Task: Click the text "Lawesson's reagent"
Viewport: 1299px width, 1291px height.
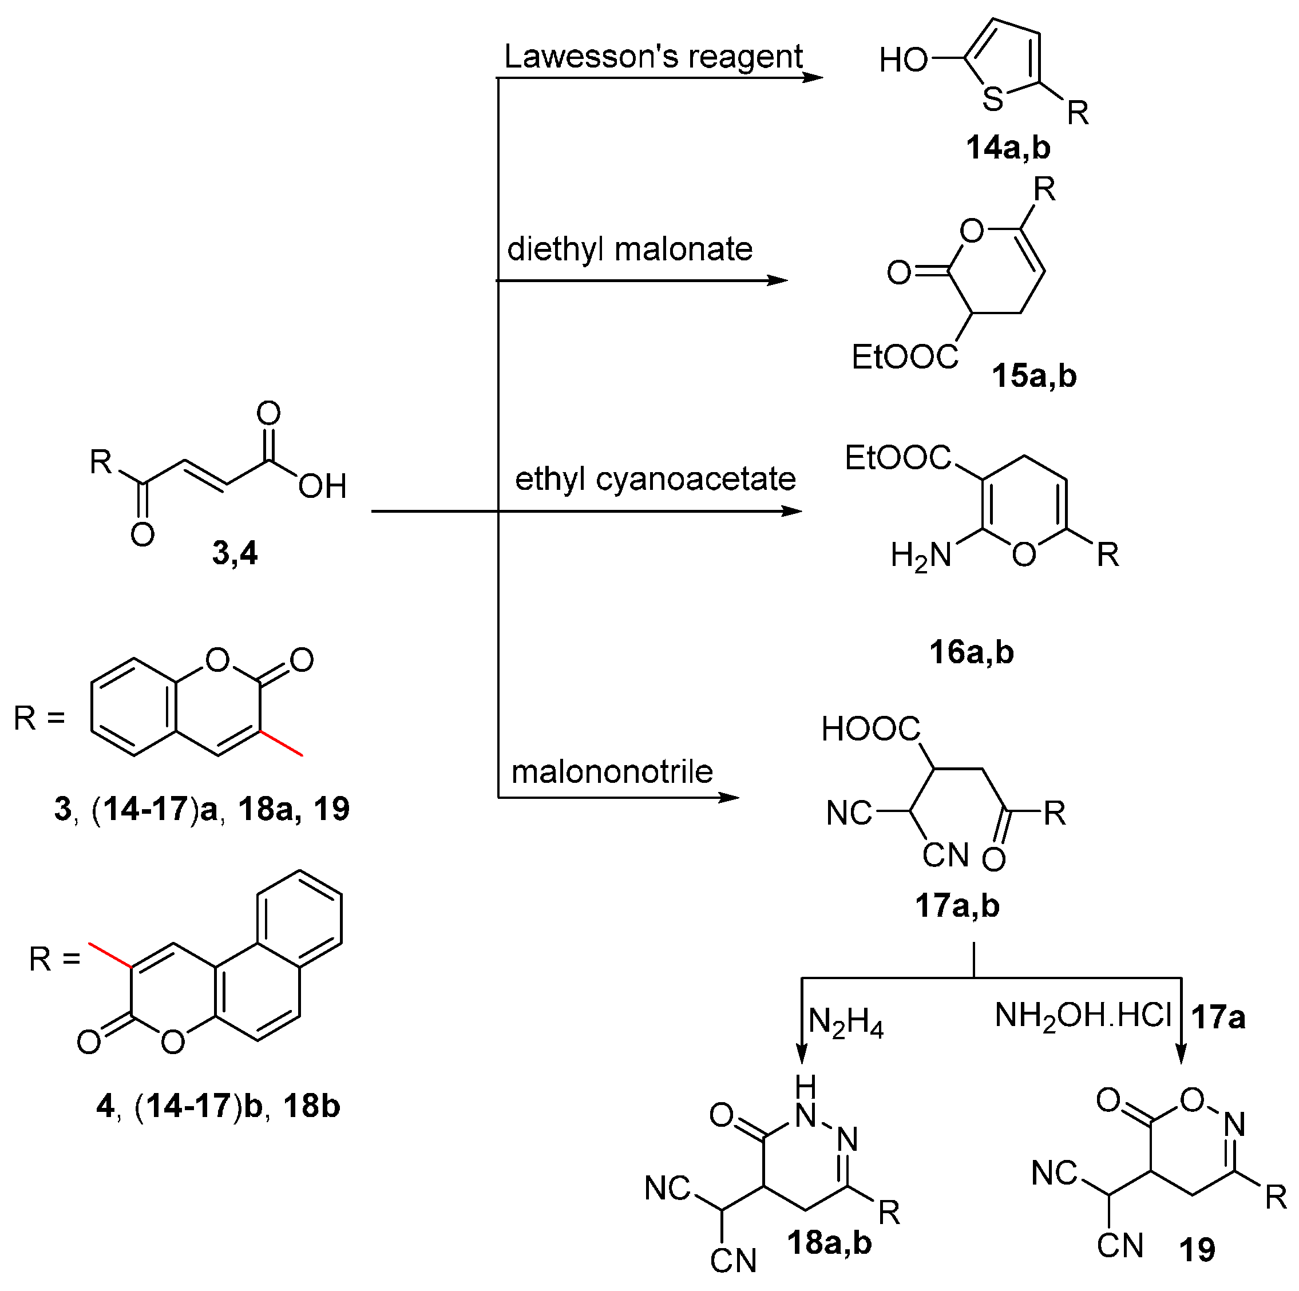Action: (653, 57)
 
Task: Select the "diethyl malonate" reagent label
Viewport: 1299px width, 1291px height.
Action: (629, 250)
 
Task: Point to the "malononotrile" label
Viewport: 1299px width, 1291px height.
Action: (612, 772)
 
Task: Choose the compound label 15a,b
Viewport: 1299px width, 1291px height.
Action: (1033, 376)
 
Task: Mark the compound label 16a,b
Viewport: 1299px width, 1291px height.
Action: (971, 652)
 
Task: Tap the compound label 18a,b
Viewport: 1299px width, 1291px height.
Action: (829, 1242)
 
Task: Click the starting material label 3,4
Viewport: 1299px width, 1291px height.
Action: (235, 553)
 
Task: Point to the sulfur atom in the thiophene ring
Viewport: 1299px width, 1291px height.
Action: (992, 100)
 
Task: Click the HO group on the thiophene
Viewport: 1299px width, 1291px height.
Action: (903, 61)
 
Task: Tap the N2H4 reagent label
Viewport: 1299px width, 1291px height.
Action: (845, 1023)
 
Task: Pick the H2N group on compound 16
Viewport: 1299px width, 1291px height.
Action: (921, 556)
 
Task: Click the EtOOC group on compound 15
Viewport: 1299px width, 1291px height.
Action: (904, 357)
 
